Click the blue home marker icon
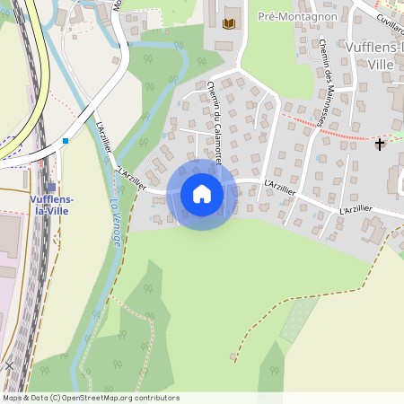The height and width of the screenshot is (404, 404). [201, 194]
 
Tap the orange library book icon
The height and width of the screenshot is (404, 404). [228, 23]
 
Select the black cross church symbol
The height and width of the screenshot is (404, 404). [380, 144]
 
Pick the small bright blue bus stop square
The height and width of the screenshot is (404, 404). [66, 141]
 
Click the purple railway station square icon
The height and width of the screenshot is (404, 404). [50, 187]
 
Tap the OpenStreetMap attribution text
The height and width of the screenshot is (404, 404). [90, 398]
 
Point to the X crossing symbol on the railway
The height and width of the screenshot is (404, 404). [9, 366]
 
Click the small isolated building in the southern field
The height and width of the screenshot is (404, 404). [233, 356]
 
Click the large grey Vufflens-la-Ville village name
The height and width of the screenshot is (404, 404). [376, 56]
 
